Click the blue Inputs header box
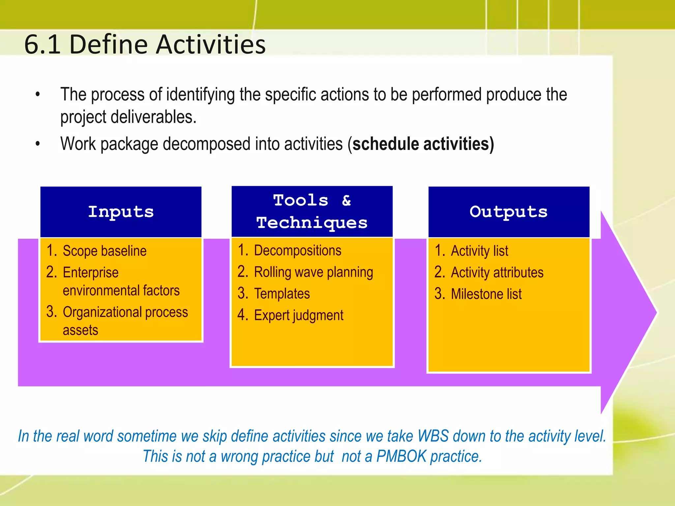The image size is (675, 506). point(121,212)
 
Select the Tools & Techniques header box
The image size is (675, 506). point(312,211)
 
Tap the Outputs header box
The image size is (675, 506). point(509,212)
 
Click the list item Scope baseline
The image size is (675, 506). point(104,251)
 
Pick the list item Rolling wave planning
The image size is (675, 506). point(313,272)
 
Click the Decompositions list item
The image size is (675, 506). point(297,251)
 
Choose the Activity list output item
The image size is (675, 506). point(479,251)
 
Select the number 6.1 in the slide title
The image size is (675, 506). point(42,44)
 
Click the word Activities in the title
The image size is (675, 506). point(211,44)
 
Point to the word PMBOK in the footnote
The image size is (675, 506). point(401,457)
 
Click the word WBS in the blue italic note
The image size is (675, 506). point(433,436)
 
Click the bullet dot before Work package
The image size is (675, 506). point(38,144)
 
